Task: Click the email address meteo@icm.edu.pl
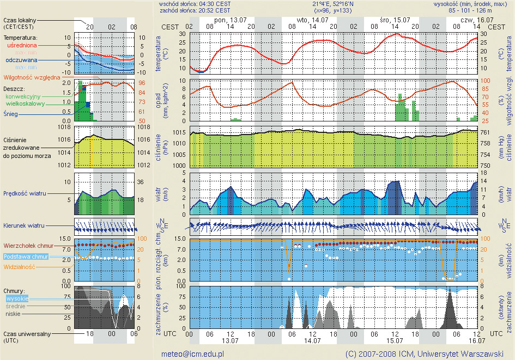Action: (x=192, y=353)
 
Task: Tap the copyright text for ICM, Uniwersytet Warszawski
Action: (x=423, y=353)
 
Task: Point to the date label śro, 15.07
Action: (x=391, y=20)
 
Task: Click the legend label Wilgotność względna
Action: (x=32, y=77)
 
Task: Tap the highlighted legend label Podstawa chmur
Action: (x=26, y=257)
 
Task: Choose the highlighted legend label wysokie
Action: (x=17, y=298)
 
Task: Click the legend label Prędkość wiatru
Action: (x=25, y=193)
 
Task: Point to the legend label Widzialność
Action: (x=20, y=267)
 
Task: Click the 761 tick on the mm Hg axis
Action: (x=489, y=132)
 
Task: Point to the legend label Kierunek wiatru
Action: (x=23, y=225)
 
